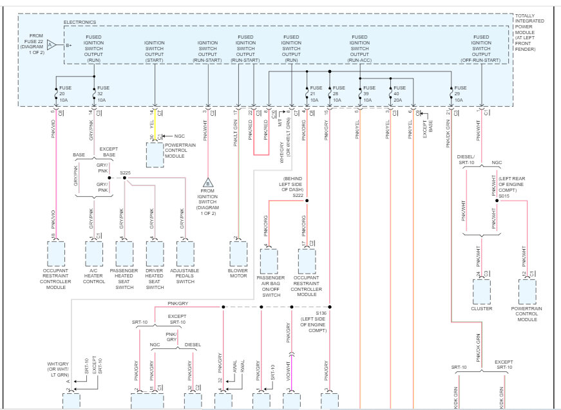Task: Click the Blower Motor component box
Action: click(238, 254)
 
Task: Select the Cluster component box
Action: click(482, 291)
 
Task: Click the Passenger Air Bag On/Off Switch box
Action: click(269, 261)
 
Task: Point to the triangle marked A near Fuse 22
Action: click(50, 44)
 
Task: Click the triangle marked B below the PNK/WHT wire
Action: click(208, 183)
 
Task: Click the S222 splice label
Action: click(297, 194)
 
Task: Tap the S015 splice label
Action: click(504, 196)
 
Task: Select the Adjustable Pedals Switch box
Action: click(185, 254)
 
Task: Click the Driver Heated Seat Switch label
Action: click(155, 278)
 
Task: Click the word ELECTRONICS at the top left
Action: click(80, 23)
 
